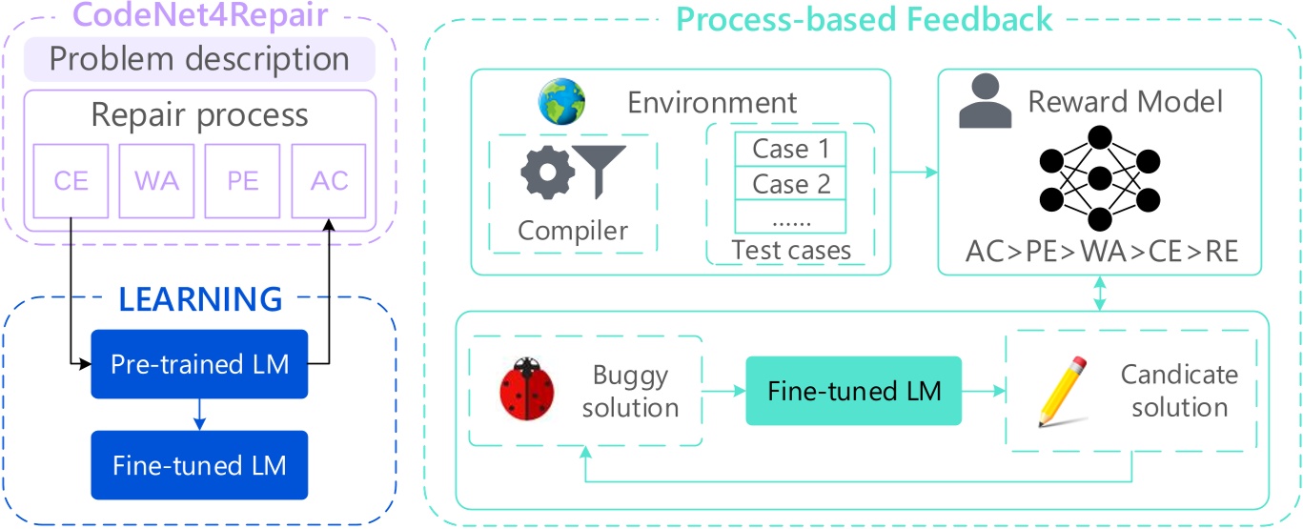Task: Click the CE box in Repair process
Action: [x=71, y=180]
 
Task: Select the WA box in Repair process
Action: [x=157, y=180]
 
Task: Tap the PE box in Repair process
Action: [x=243, y=180]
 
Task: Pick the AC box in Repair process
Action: [x=330, y=180]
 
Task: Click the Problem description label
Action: [x=199, y=60]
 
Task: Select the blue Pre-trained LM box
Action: [x=199, y=364]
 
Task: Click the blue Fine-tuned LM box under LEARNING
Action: [x=199, y=465]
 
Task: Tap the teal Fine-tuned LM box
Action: [x=854, y=391]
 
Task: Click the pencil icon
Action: [x=1062, y=391]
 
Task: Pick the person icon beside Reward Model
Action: [x=985, y=104]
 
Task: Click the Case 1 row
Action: [x=790, y=149]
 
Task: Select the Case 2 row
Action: [x=790, y=183]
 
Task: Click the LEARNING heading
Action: [x=200, y=299]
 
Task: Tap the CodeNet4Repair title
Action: [x=199, y=16]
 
